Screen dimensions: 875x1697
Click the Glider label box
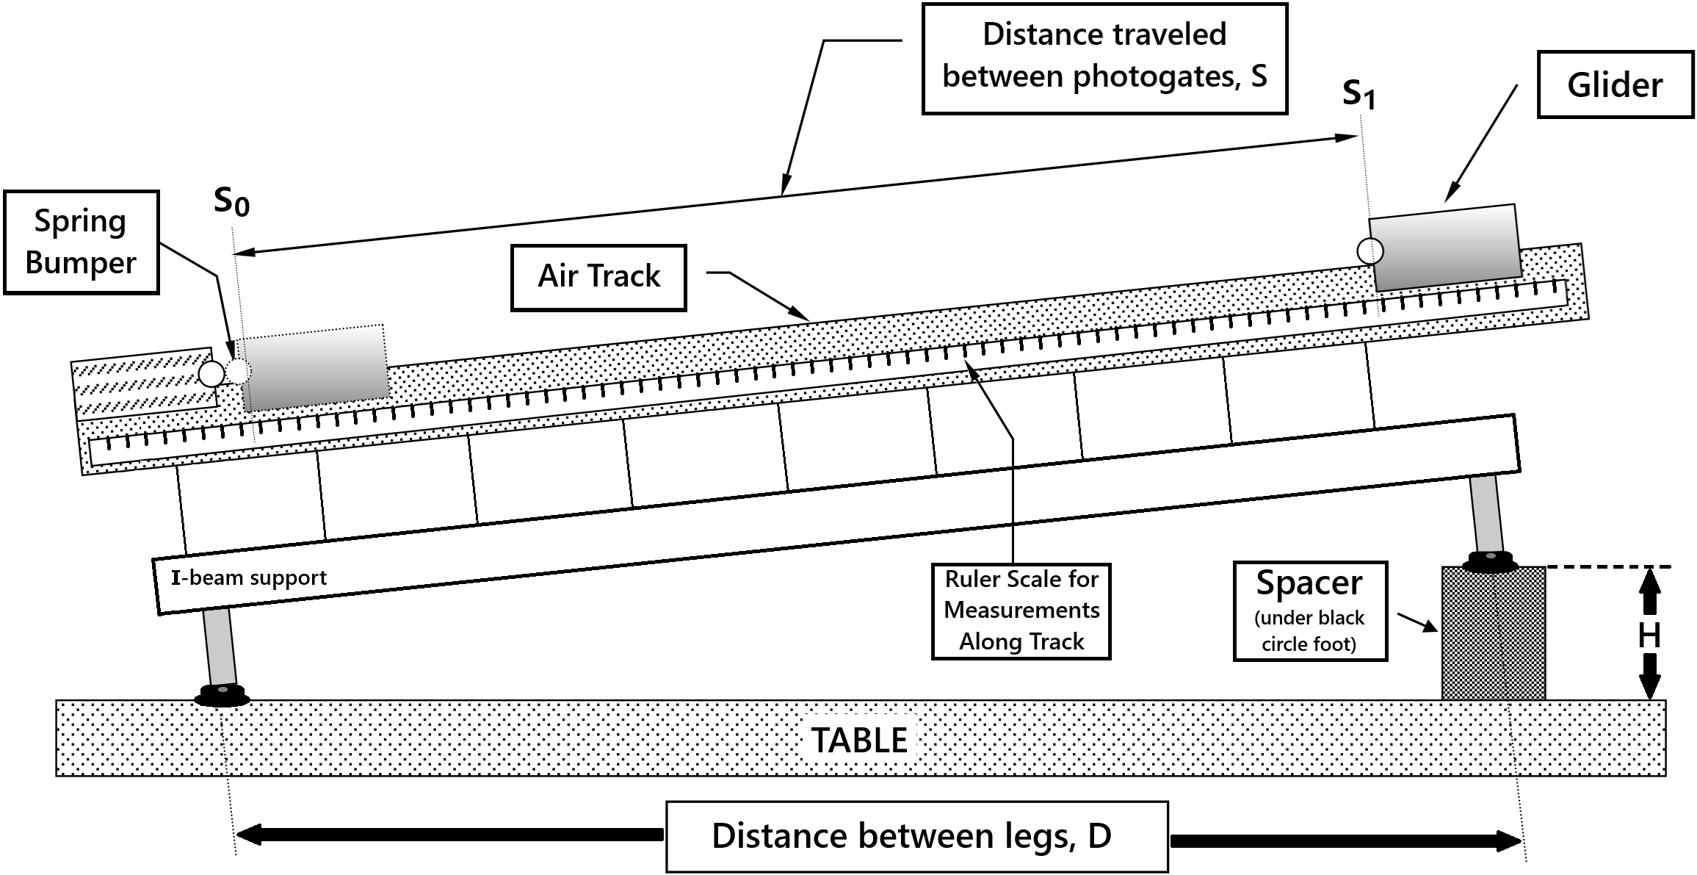point(1615,84)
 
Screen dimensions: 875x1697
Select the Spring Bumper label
point(81,242)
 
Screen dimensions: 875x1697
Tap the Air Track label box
point(598,277)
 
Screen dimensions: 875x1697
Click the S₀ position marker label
point(231,201)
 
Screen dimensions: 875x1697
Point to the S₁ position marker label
point(1358,94)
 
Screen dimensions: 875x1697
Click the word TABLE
point(859,740)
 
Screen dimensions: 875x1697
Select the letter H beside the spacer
point(1649,635)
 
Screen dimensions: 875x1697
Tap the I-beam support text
point(249,578)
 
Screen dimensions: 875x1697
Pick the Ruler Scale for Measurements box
point(1021,611)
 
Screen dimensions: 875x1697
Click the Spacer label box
point(1309,611)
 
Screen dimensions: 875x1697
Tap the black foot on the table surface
point(222,695)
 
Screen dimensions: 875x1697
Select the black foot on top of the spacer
point(1490,562)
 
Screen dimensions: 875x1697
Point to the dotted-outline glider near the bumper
point(314,367)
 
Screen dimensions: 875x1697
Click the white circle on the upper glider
point(1369,251)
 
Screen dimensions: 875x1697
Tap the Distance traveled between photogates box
point(1104,58)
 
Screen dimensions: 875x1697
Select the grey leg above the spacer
point(1486,513)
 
